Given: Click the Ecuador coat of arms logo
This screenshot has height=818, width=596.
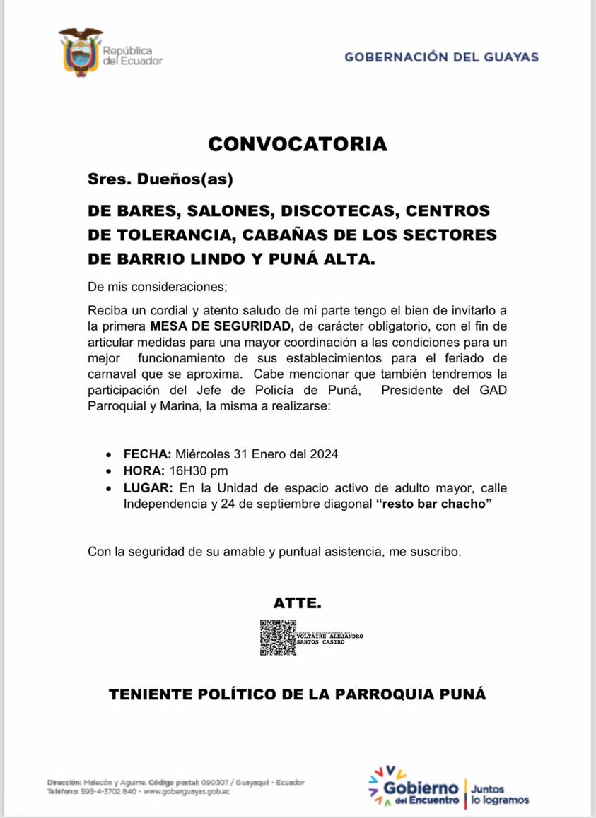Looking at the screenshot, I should click(80, 52).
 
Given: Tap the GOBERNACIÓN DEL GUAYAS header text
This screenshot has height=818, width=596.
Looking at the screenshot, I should click(441, 57).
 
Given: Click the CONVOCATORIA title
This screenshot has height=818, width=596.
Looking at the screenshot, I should click(298, 144).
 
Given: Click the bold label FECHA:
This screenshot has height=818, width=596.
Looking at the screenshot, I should click(147, 454).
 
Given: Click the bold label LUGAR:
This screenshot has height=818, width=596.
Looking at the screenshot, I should click(148, 488).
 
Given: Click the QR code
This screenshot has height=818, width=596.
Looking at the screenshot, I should click(277, 637).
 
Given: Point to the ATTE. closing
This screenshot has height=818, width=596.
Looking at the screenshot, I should click(298, 603).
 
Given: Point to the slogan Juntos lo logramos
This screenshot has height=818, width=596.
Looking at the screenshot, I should click(500, 794).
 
